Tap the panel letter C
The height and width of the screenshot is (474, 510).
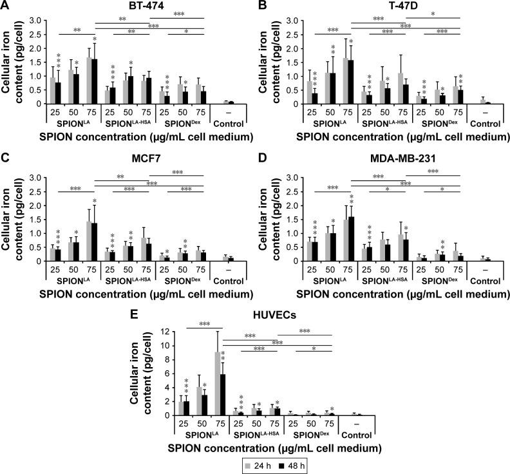6,163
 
